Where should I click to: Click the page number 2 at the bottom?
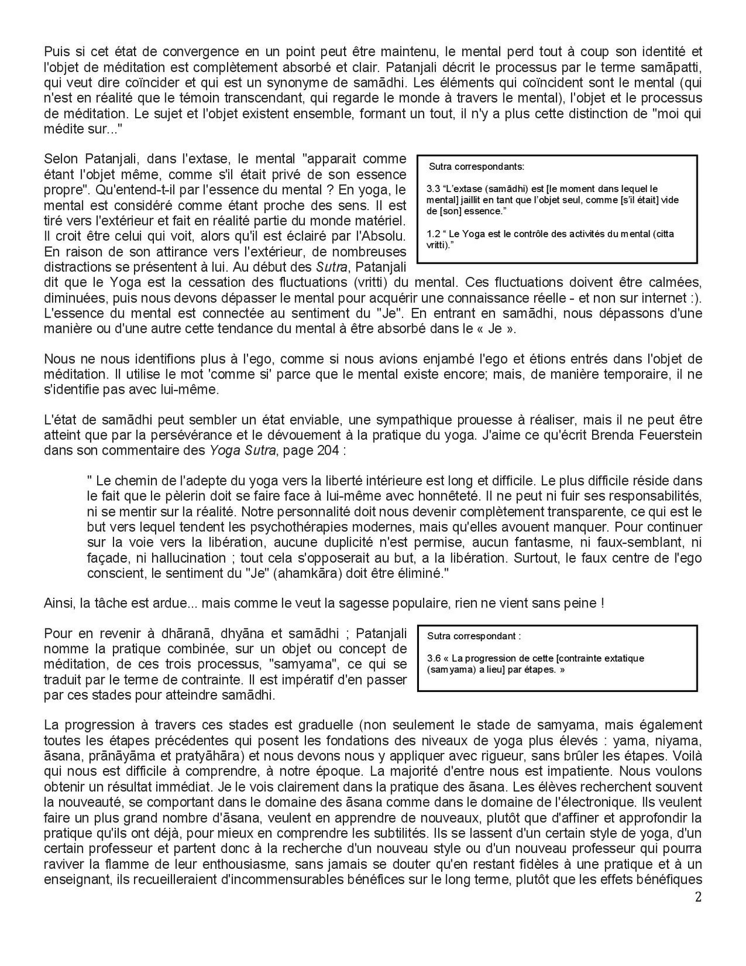698,897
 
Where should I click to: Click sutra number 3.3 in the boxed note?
433,189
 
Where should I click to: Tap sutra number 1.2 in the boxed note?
433,234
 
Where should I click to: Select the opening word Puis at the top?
56,52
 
